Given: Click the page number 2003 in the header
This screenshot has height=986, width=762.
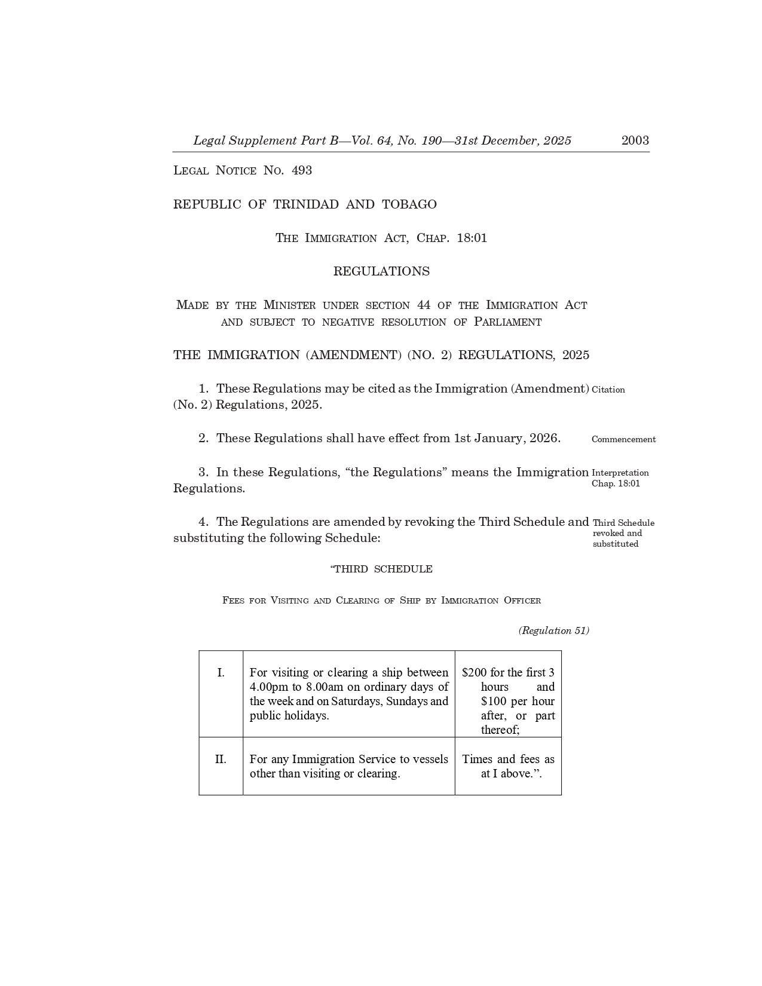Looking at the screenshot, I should coord(635,140).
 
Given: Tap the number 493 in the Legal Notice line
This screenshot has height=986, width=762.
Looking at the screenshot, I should coord(302,170).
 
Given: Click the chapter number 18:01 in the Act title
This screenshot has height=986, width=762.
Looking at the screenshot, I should coord(472,238).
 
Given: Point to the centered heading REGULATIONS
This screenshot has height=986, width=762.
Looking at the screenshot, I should coord(381,271).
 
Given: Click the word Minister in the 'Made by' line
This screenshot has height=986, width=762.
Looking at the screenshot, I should coord(289,305).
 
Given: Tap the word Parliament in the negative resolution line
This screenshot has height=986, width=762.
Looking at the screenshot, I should coord(507,322).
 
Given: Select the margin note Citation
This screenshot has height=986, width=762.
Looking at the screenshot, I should coord(608,390).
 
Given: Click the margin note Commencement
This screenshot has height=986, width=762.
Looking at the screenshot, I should coord(623,439).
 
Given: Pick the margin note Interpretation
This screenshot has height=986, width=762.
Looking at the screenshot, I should coord(620,473).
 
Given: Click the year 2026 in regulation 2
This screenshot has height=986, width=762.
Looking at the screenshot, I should coord(543,438).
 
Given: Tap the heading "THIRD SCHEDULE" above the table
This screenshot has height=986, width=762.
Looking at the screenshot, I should coord(381,569).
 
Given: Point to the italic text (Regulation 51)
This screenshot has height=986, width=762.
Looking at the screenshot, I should coord(553,630).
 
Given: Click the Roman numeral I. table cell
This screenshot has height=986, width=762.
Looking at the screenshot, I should coord(221,673).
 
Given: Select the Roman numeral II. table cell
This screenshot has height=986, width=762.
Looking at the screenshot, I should coord(221,760).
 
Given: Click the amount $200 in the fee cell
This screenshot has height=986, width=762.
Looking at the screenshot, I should coord(475,673).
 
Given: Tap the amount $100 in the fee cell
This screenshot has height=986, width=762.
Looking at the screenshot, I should coord(494,702).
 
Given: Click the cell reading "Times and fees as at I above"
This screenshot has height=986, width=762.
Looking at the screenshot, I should coord(508,766).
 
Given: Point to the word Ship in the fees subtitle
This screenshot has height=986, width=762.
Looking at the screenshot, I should coord(409,601).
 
